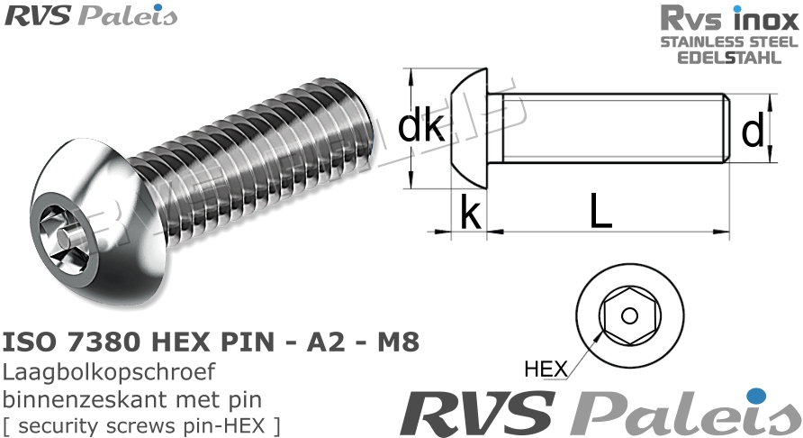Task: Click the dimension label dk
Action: (420, 128)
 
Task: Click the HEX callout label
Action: (546, 369)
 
